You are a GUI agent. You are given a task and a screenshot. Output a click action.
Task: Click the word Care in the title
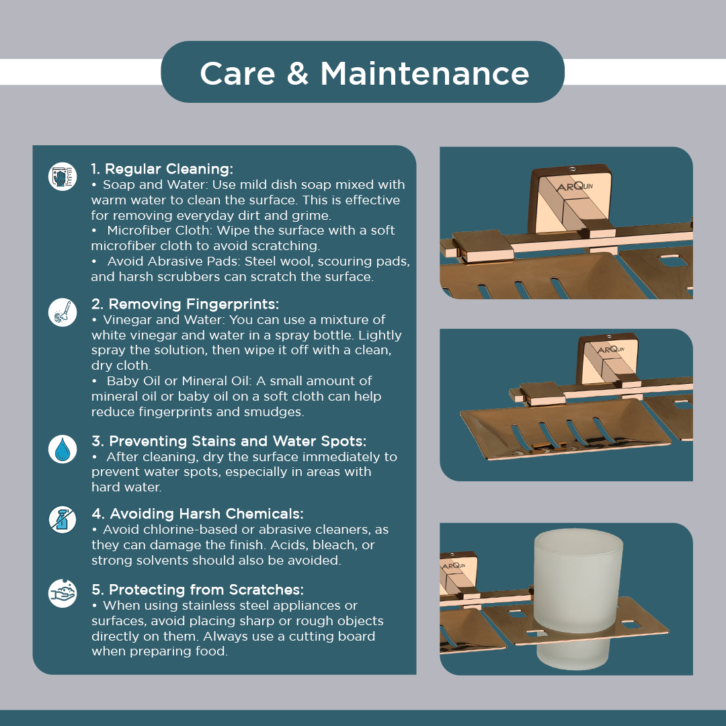click(237, 73)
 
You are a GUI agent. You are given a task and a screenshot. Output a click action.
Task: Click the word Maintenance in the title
click(425, 73)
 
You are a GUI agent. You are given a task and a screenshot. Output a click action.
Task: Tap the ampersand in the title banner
click(298, 73)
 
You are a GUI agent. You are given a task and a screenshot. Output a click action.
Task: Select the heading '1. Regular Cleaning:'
click(162, 169)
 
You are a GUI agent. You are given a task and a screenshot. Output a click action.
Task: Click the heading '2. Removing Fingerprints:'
click(186, 304)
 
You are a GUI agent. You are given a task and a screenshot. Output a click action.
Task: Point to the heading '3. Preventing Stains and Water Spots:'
click(229, 441)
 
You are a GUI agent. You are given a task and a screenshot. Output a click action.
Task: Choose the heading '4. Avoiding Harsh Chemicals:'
click(197, 514)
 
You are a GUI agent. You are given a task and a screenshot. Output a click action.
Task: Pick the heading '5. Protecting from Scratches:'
click(197, 590)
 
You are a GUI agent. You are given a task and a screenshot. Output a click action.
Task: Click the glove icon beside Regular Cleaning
click(63, 176)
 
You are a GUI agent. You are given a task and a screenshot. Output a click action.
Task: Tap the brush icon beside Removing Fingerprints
click(63, 312)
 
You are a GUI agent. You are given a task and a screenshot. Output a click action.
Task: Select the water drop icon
click(63, 449)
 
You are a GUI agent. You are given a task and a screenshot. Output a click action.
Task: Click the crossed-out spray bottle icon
click(63, 520)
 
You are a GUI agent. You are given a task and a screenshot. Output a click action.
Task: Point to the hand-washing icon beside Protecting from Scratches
click(63, 593)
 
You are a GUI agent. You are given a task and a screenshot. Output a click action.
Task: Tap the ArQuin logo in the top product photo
click(574, 186)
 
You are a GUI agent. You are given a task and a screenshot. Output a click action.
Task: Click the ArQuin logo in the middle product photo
click(611, 350)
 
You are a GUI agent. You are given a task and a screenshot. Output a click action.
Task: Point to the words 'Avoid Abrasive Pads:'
click(173, 261)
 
